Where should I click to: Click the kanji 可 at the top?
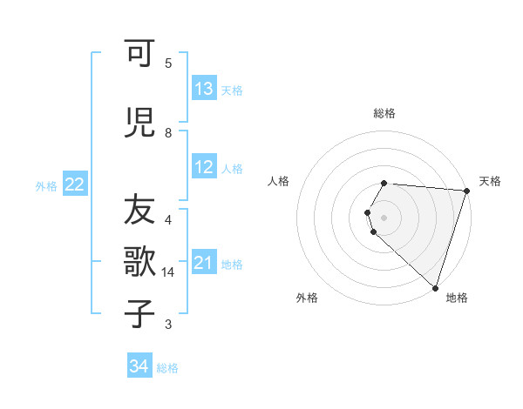[x=139, y=56]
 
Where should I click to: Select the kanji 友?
[x=139, y=210]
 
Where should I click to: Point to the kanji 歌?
[x=139, y=262]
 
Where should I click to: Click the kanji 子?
[x=139, y=313]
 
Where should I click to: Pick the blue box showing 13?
[x=204, y=89]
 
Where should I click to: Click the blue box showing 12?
[x=204, y=168]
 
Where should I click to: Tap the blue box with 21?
[x=204, y=263]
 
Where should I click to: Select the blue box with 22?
[x=75, y=184]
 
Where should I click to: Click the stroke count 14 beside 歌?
[x=169, y=272]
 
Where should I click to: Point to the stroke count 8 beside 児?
[x=168, y=133]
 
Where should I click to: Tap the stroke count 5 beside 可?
[x=168, y=63]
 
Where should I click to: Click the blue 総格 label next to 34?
[x=167, y=368]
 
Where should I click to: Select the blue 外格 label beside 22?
[x=46, y=185]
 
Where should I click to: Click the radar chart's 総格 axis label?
[x=384, y=113]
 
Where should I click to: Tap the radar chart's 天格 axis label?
[x=490, y=181]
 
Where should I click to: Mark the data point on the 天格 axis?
[x=466, y=191]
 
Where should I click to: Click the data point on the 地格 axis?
[x=435, y=287]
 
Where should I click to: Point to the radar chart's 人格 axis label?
[x=278, y=181]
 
